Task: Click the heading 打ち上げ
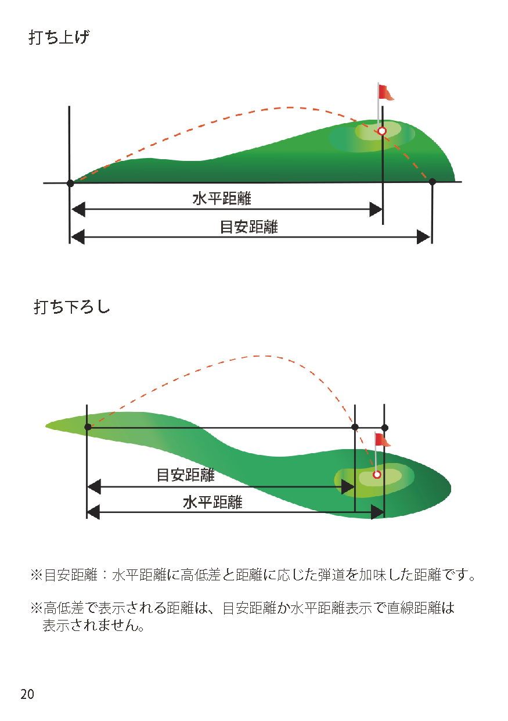[x=59, y=38]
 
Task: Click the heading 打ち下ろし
[x=72, y=307]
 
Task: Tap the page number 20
[x=27, y=694]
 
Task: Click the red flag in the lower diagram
[x=382, y=440]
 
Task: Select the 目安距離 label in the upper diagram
[x=248, y=227]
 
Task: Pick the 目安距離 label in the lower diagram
[x=186, y=475]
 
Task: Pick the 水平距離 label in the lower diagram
[x=212, y=503]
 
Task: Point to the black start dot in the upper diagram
[x=70, y=183]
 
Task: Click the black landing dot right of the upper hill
[x=432, y=182]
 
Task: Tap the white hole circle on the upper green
[x=381, y=131]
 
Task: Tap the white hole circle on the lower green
[x=377, y=475]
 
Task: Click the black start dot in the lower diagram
[x=88, y=427]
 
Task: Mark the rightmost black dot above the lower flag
[x=384, y=428]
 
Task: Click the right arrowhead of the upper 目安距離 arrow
[x=423, y=237]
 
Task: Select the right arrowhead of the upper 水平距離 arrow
[x=376, y=210]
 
